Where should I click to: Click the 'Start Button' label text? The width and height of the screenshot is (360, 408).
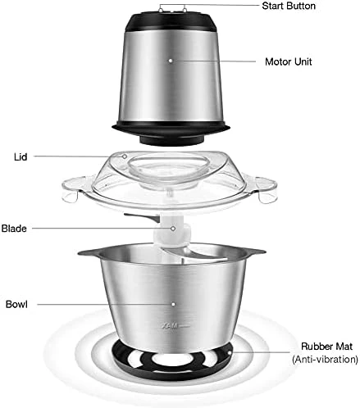coord(289,6)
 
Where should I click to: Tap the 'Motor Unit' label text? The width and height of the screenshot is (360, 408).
coord(289,61)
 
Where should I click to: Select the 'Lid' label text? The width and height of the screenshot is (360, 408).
coord(21,156)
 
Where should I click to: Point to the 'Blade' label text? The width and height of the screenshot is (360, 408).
coord(14,229)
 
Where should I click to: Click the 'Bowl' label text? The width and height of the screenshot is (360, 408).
coord(16,304)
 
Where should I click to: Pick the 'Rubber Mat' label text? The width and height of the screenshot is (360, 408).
coord(326,347)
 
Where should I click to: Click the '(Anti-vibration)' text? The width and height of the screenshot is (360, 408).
coord(325,359)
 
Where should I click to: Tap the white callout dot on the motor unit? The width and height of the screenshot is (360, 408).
coord(171,61)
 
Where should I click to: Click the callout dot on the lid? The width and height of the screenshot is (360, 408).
coord(125,156)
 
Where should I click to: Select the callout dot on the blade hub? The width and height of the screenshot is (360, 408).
coord(173,229)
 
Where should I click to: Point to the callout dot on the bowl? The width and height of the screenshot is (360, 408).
coord(173,304)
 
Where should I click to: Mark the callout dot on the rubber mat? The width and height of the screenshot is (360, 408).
coord(230,352)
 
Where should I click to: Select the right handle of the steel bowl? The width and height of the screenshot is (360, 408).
coord(255,252)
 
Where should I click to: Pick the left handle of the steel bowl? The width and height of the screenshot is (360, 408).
coord(89,252)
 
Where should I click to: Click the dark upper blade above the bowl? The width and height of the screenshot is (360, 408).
coord(143,217)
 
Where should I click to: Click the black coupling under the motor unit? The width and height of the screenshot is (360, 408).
coord(171,139)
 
